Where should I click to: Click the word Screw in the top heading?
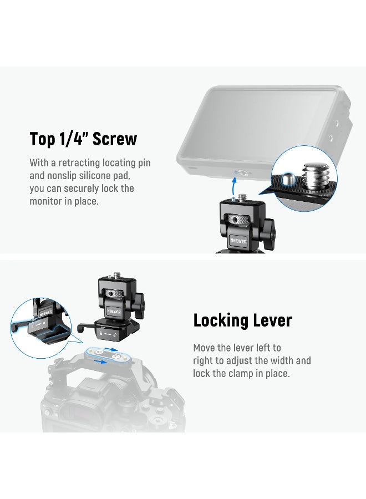(x=114, y=139)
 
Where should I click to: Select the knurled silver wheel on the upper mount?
(x=236, y=220)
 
